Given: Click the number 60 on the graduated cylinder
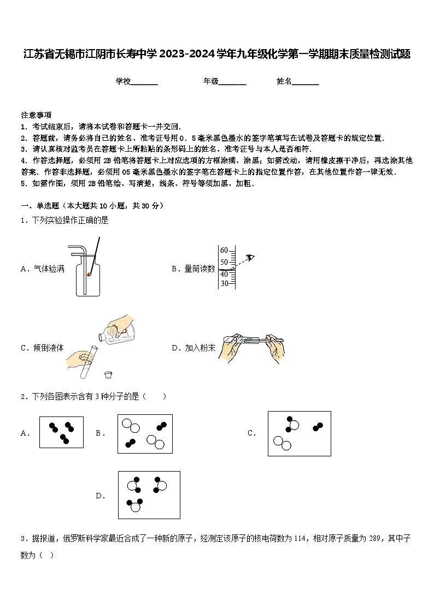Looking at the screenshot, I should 224,250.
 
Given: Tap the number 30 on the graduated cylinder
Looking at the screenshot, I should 224,283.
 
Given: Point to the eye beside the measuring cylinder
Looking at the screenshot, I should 250,257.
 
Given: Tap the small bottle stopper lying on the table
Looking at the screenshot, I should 108,374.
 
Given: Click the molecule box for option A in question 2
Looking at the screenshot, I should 61,432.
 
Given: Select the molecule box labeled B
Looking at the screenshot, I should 145,433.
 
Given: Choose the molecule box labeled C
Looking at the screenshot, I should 299,433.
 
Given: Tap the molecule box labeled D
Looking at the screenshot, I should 149,495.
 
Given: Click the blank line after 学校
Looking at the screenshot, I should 144,82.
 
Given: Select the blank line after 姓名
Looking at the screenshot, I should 306,82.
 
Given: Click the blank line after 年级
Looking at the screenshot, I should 232,82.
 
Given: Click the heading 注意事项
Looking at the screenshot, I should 36,115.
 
